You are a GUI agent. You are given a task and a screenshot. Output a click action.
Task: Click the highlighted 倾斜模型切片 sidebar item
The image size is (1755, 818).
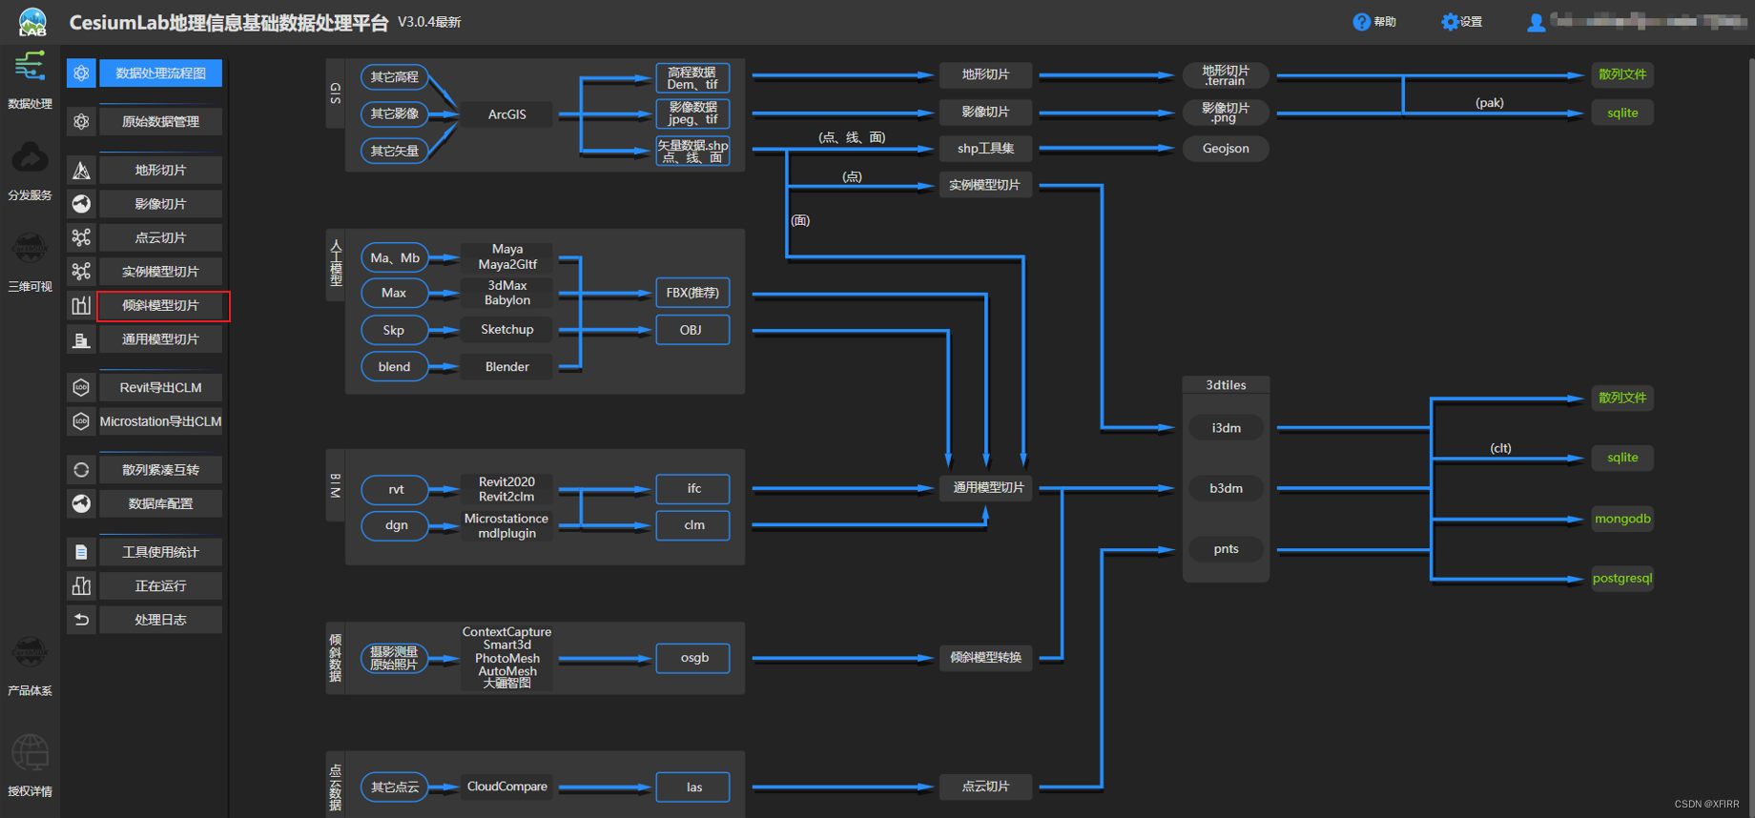point(160,306)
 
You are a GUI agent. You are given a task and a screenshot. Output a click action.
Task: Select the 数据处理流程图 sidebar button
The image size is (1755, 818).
point(160,73)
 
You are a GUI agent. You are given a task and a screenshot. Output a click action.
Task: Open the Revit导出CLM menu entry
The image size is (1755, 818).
point(160,388)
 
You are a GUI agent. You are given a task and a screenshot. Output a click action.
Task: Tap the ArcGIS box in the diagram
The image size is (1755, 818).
point(506,114)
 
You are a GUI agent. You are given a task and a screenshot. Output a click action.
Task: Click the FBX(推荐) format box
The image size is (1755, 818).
point(692,293)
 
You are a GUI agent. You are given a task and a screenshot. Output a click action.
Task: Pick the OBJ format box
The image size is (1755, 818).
point(692,330)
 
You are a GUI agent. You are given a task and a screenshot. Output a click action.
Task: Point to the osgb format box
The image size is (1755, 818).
point(693,658)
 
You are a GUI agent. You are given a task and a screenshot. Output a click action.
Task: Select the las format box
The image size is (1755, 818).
point(693,787)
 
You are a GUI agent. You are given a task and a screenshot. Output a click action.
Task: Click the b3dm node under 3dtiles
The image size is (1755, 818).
point(1226,488)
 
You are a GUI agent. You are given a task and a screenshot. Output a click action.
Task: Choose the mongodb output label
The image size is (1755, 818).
point(1622,519)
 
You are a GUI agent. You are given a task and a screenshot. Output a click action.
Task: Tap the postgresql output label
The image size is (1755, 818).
point(1621,579)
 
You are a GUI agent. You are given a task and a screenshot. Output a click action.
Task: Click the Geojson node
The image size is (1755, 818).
point(1226,149)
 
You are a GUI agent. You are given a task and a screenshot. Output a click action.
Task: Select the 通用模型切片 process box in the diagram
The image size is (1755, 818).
point(988,487)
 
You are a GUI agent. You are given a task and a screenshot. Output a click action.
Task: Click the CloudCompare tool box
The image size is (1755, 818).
point(506,787)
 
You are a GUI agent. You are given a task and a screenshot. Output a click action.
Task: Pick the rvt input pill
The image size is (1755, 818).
point(396,490)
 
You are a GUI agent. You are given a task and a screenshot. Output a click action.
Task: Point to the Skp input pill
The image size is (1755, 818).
point(394,330)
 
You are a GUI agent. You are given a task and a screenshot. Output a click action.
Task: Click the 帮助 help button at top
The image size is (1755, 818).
point(1374,22)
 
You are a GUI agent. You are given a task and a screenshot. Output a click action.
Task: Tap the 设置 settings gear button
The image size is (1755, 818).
point(1461,22)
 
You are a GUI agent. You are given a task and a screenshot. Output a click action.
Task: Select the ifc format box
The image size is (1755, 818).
point(693,489)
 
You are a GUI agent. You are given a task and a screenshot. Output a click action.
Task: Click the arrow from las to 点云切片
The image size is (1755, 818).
point(839,787)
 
